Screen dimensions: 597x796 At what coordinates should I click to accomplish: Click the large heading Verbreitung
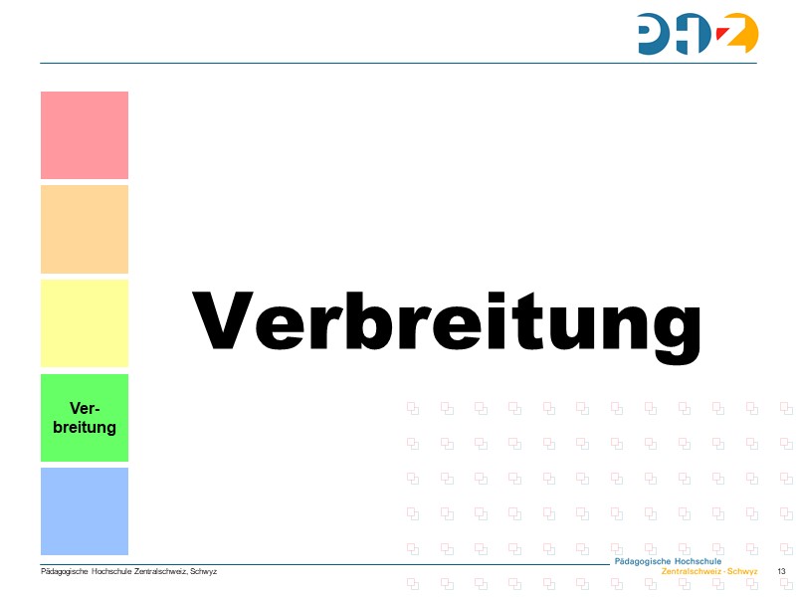point(447,321)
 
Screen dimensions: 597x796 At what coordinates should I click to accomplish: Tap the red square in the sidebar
point(85,135)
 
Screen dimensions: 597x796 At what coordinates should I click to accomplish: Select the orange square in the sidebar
point(85,229)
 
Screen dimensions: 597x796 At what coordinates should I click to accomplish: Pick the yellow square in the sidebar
point(85,323)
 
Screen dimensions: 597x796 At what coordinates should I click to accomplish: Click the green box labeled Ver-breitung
point(85,418)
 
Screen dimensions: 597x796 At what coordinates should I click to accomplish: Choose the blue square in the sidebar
point(85,511)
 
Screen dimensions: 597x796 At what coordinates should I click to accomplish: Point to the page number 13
point(781,571)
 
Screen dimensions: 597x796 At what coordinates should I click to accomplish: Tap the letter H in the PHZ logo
point(699,34)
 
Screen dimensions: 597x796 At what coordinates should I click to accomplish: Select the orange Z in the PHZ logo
point(739,33)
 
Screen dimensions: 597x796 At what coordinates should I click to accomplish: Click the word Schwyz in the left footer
point(203,571)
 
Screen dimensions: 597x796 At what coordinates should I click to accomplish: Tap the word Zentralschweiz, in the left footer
point(160,571)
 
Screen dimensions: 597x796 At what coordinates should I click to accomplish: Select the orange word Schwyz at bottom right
point(742,572)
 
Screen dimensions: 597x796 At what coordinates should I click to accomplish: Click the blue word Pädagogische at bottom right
point(643,562)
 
